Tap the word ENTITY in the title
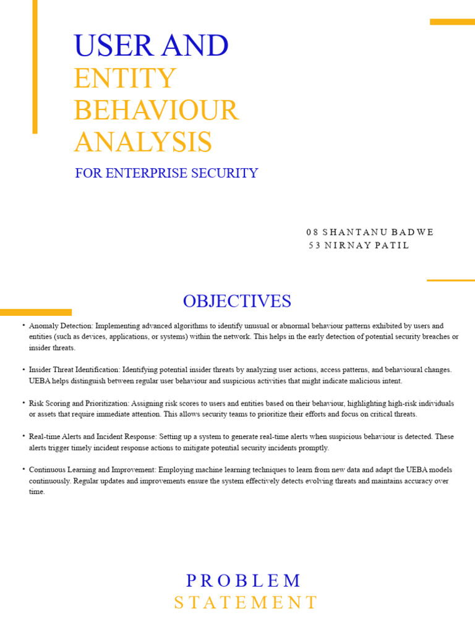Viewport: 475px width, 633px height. [125, 79]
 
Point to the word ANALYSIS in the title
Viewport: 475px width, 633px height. [143, 143]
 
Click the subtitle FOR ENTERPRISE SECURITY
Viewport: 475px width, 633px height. [166, 173]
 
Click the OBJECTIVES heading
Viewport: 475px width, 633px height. [237, 301]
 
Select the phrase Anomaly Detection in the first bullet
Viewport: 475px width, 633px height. [54, 326]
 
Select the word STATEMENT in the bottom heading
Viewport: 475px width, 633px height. [246, 603]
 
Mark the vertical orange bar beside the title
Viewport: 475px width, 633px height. [35, 66]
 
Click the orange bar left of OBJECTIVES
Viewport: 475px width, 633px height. [35, 312]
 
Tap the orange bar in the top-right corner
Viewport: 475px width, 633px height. [452, 22]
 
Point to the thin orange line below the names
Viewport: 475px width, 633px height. [450, 280]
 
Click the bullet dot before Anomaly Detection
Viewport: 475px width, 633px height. [23, 325]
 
